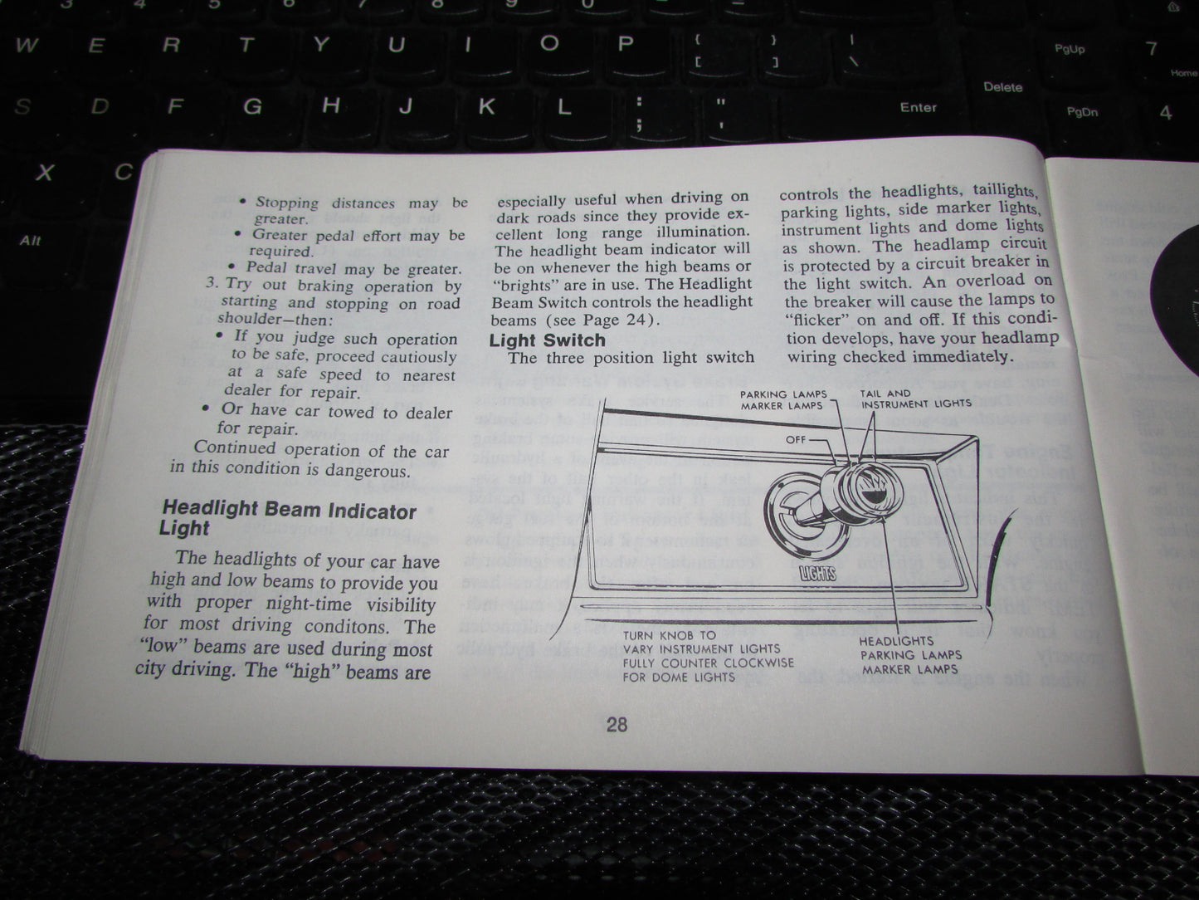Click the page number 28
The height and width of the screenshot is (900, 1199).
pos(617,725)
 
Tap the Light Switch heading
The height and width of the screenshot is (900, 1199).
pos(547,340)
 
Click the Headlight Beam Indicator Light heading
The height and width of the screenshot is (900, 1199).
pos(288,518)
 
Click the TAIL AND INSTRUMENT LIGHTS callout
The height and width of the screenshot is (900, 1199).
pos(915,399)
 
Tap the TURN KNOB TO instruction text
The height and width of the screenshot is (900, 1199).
pos(669,635)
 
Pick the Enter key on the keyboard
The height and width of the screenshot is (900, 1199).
pos(918,107)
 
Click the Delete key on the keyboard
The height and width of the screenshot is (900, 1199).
pos(1002,87)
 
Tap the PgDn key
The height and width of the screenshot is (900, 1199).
pos(1082,112)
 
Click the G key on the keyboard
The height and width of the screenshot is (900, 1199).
pos(252,107)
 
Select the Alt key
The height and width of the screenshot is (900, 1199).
pos(30,241)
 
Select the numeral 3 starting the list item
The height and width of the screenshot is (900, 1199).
pos(211,282)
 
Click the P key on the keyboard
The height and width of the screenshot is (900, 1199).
pos(626,43)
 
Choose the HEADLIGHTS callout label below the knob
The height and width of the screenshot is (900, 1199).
pos(896,641)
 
